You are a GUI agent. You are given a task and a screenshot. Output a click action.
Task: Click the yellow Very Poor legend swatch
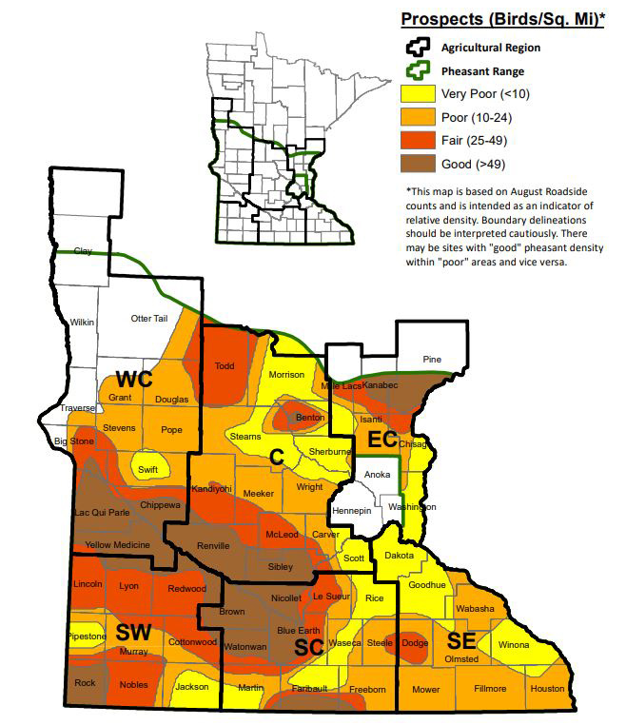point(417,93)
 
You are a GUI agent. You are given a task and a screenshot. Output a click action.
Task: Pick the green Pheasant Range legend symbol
point(417,69)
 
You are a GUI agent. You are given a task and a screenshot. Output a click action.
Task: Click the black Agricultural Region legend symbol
point(417,46)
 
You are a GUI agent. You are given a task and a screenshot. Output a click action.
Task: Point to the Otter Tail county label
point(148,319)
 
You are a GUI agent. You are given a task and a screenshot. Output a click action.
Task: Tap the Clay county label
point(84,251)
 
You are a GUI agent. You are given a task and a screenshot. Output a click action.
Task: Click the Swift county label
point(148,469)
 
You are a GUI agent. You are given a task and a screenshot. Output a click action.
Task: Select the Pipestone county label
point(88,635)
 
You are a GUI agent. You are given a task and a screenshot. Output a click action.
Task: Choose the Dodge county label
point(415,643)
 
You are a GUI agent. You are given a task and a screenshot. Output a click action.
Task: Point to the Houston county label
point(548,688)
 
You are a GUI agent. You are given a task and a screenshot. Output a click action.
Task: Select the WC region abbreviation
point(134,378)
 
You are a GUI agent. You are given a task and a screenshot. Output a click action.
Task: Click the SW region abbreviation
point(135,632)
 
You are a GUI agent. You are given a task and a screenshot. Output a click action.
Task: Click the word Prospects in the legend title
point(439,18)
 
